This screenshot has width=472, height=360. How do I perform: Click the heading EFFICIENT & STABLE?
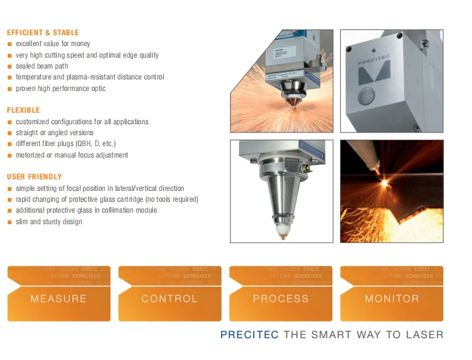point(43,33)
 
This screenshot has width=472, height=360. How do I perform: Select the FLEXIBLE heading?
point(24,110)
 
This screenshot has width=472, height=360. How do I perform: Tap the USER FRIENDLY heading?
point(35,177)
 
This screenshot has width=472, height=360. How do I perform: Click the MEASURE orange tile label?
point(58,299)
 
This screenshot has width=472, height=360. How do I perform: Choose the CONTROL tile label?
point(170,299)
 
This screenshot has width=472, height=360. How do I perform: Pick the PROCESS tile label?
point(281,299)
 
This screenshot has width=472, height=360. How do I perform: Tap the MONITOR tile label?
point(392,299)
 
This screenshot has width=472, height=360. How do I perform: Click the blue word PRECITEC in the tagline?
point(249,334)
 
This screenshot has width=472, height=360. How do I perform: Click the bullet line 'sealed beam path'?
point(42,66)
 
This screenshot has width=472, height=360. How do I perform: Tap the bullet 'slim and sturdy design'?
point(49,222)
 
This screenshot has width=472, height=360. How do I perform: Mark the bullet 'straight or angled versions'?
point(54,133)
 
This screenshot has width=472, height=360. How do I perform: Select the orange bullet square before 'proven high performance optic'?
point(10,89)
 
